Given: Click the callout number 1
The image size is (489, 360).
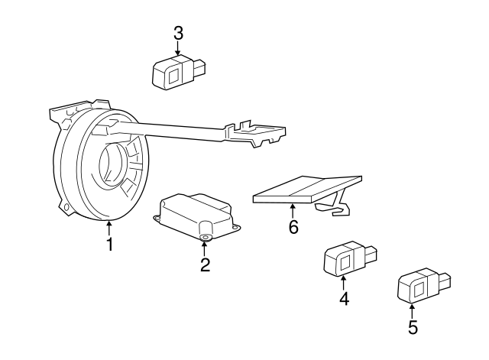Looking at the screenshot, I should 109,245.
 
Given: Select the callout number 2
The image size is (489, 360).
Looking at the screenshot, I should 205,265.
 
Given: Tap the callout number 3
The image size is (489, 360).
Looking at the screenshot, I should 178,33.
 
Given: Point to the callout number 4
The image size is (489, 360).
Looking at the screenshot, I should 344,299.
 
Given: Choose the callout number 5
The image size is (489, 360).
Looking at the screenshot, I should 413,328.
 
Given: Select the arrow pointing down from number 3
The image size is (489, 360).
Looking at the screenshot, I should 178,49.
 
